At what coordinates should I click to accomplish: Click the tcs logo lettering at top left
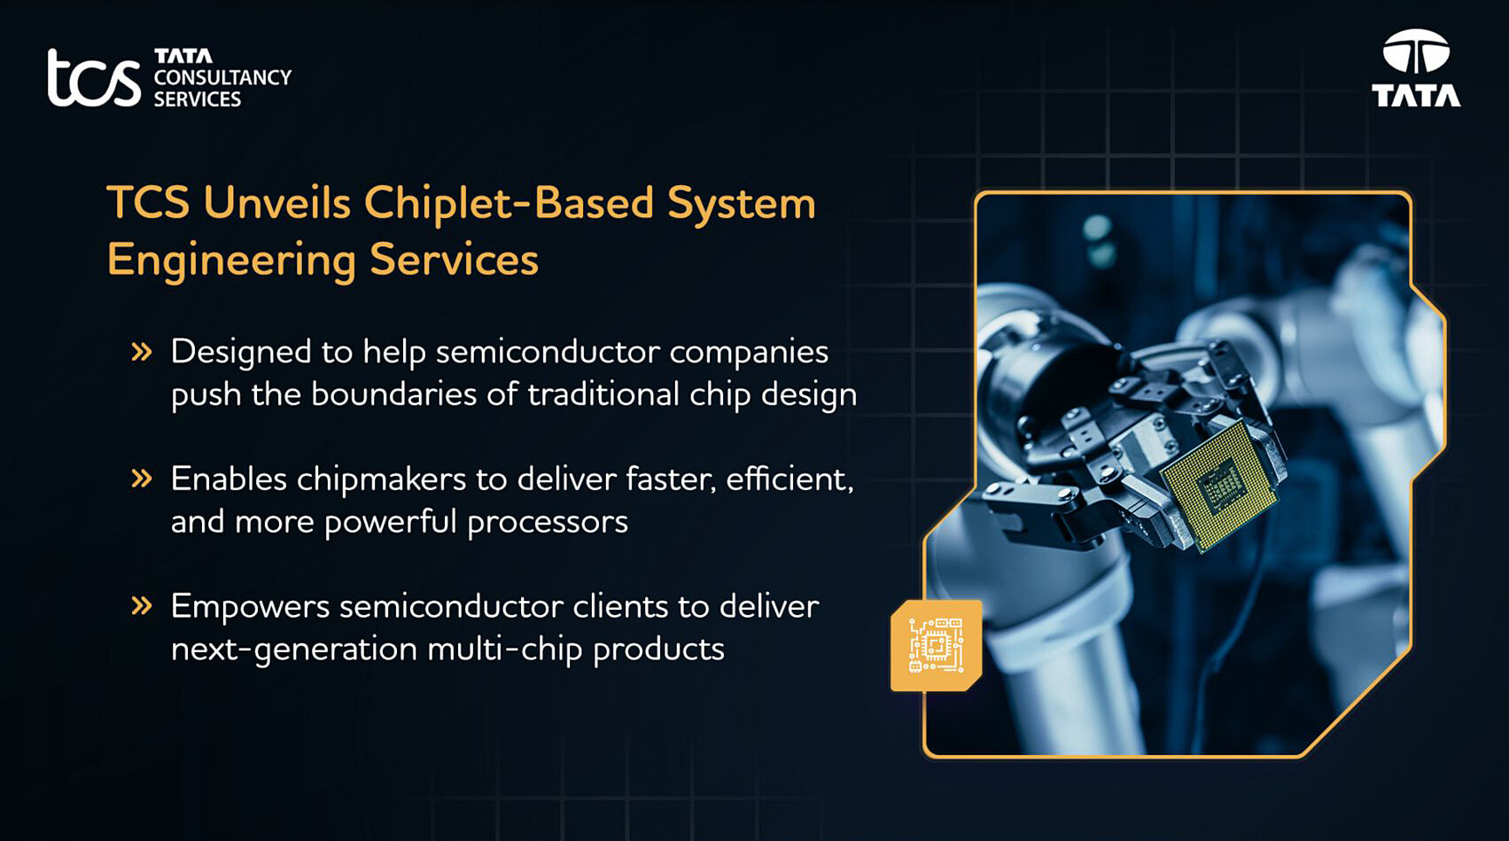tap(93, 78)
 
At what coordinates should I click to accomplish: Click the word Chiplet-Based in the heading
tap(509, 203)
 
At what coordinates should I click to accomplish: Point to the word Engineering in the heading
tap(230, 261)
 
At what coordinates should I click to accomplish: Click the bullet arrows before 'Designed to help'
tap(142, 352)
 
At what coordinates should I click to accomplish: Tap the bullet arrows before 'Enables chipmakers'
tap(142, 479)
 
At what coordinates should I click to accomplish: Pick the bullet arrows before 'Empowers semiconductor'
tap(142, 606)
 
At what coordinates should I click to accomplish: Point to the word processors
tap(547, 522)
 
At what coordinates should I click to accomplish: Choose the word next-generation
tap(293, 650)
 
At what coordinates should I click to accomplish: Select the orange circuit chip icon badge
tap(936, 645)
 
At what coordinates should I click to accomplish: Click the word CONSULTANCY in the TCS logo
tap(222, 78)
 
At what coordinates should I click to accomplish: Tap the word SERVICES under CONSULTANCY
tap(197, 99)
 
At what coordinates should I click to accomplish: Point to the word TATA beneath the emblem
tap(1416, 96)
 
